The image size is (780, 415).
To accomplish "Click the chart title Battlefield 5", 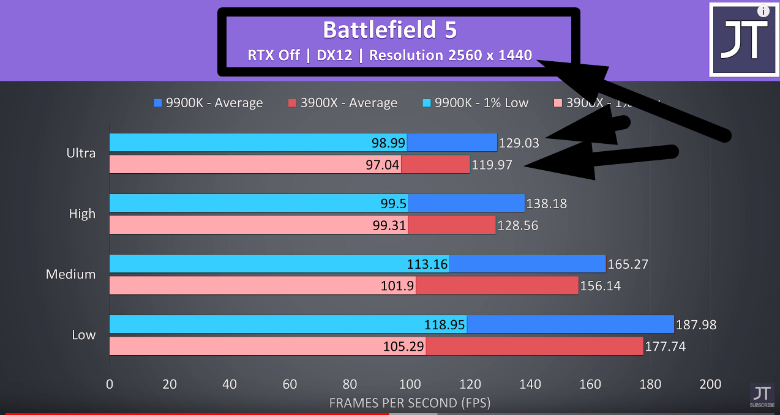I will [389, 30].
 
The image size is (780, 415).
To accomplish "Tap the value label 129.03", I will [519, 143].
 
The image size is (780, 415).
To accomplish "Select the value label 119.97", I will [492, 165].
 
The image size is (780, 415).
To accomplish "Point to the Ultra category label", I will [81, 153].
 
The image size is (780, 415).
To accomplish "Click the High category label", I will [82, 214].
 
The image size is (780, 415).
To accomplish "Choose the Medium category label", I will [70, 274].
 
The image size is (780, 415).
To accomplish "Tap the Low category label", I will [83, 335].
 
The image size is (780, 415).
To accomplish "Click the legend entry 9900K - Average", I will [208, 103].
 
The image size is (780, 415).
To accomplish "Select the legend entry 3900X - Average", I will [342, 103].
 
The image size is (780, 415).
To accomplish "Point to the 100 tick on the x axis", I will [410, 384].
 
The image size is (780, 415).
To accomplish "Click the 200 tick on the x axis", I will [711, 384].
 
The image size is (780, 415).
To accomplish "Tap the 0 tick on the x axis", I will [110, 384].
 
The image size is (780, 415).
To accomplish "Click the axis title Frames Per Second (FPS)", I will [410, 403].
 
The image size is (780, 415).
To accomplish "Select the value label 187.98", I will [696, 325].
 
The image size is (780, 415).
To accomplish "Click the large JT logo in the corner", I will [744, 40].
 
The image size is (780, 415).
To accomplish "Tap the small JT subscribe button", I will [762, 395].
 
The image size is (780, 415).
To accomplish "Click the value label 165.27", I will [628, 264].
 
